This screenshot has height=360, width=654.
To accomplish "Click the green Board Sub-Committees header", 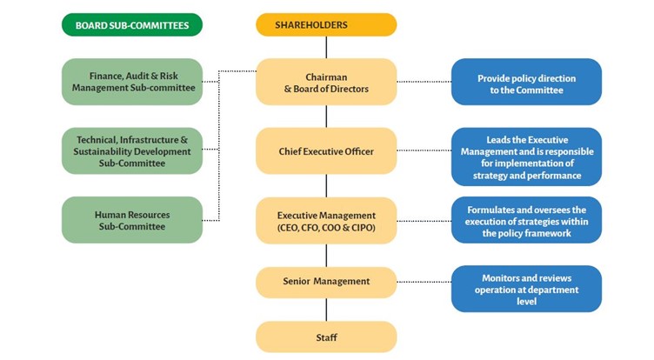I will pos(132,24).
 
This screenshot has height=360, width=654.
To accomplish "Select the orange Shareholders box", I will pos(326,24).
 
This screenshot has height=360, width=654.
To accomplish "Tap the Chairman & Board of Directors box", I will pos(326,82).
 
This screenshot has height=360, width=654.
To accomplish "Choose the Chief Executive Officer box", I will pos(326,151).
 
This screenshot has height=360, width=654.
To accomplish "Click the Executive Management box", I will pos(326,221).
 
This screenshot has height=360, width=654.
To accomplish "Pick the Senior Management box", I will pos(326,281).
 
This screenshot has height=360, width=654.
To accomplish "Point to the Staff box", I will pos(326,337).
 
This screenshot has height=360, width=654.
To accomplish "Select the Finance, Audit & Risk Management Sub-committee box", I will pos(132,82).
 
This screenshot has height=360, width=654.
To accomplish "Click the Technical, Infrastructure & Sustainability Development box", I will pos(132,150).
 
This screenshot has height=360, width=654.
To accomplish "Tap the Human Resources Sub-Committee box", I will pos(132,220).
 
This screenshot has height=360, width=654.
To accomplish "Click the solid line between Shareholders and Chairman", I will pos(326,47).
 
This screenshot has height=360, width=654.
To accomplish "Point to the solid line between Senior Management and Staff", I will pos(326,309).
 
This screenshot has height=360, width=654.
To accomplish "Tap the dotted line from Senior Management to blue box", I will pos(424,281).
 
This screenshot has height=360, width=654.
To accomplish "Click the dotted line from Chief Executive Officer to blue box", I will pos(424,151).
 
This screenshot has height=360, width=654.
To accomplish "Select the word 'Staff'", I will pos(326,337).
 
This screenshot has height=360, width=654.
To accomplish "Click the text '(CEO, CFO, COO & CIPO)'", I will pos(326,228).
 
